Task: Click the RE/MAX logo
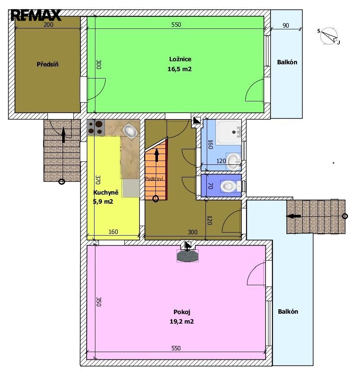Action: tap(36, 15)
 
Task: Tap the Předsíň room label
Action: tap(47, 64)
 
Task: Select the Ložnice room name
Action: tap(180, 59)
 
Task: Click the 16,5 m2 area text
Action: tap(180, 69)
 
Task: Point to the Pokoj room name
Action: tap(182, 312)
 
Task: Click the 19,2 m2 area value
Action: tap(182, 321)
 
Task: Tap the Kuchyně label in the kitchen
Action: tap(106, 192)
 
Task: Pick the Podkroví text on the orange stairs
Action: tap(154, 179)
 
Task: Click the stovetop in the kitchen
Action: tap(96, 128)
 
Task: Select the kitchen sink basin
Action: tap(130, 131)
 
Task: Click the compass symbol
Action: tap(329, 36)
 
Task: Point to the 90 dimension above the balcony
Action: tap(286, 25)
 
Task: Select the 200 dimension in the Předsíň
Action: tap(48, 25)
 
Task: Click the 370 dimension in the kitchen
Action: tap(98, 180)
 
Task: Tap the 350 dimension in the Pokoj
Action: tap(98, 302)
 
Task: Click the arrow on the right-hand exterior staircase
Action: tap(294, 216)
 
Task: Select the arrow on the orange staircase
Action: tap(157, 155)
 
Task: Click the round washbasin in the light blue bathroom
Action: tap(234, 161)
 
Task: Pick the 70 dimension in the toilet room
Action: tap(211, 186)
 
